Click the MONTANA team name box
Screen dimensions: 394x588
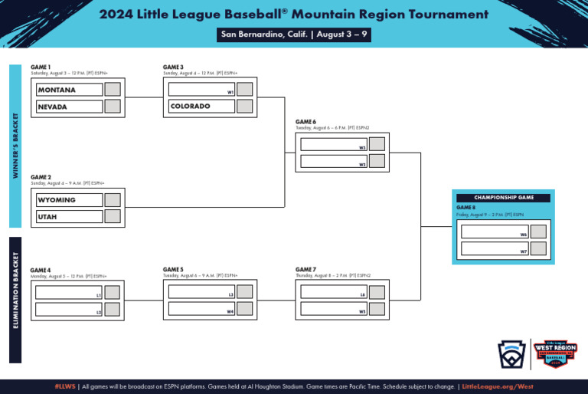click(x=69, y=90)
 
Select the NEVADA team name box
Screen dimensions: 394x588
click(x=69, y=107)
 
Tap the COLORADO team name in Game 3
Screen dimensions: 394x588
click(x=201, y=107)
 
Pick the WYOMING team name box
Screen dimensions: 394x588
click(x=69, y=200)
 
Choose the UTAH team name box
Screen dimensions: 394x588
click(x=69, y=217)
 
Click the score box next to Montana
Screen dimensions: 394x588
click(x=113, y=90)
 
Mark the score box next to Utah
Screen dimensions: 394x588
click(x=113, y=217)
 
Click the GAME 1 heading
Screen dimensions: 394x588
click(x=41, y=67)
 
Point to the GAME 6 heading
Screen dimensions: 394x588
click(x=305, y=122)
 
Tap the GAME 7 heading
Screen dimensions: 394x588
click(x=305, y=270)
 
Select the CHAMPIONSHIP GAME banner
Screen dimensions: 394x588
click(x=503, y=198)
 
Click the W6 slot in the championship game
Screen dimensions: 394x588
click(x=495, y=231)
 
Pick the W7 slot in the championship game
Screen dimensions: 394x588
click(x=495, y=248)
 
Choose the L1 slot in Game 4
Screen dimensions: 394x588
click(x=69, y=292)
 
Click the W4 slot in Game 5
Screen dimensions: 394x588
click(x=201, y=309)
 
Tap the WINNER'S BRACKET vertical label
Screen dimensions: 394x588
click(x=15, y=146)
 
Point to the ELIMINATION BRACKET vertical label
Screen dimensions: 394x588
click(x=15, y=299)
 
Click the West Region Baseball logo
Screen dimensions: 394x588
click(x=554, y=355)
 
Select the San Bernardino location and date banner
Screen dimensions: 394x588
click(x=295, y=34)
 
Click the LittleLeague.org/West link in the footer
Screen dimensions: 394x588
click(x=498, y=386)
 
